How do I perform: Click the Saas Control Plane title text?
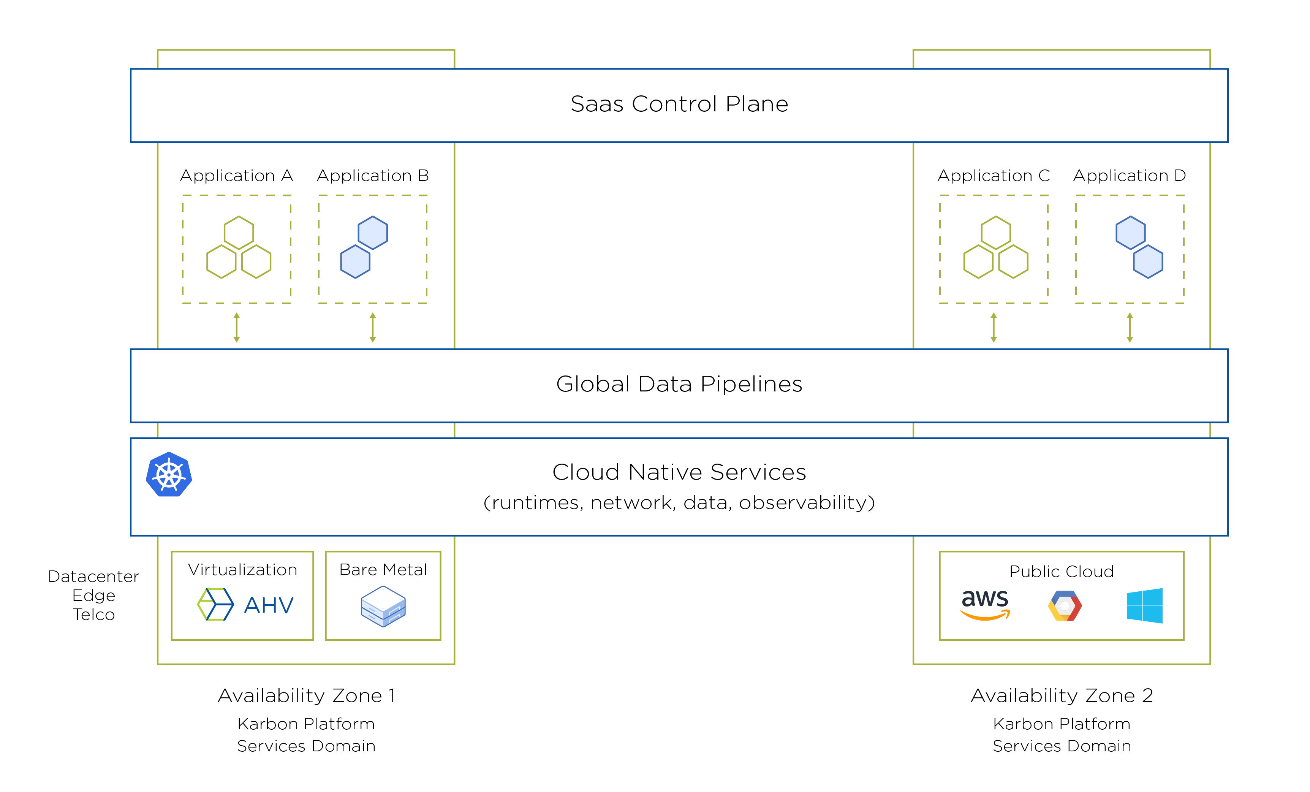tap(679, 104)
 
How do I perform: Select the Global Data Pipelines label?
tap(679, 384)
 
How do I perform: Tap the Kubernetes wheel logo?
tap(169, 474)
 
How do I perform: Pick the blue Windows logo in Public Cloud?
tap(1145, 605)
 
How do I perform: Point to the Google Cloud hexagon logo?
tap(1065, 606)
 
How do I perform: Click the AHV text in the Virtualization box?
tap(269, 605)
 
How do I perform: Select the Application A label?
tap(237, 176)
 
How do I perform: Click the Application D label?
tap(1129, 176)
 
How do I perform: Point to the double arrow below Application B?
tap(373, 327)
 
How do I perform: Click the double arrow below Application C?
tap(994, 327)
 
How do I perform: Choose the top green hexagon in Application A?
tap(239, 233)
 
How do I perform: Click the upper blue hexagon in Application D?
tap(1130, 233)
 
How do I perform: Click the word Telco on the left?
tap(93, 615)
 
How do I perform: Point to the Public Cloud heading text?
tap(1061, 571)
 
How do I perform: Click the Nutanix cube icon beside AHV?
tap(215, 604)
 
